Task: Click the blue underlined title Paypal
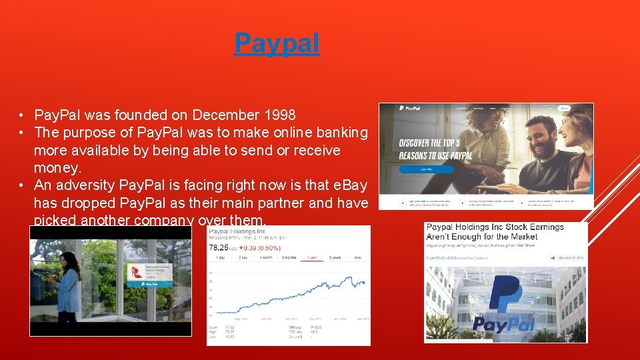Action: coord(277,43)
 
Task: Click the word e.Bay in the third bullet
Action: coord(349,185)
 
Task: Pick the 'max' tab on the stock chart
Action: coord(358,257)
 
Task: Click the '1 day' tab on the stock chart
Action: coord(218,257)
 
